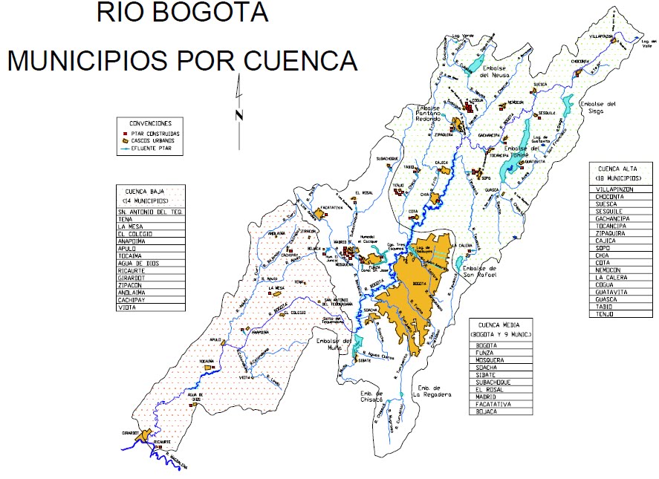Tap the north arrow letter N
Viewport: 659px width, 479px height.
point(239,114)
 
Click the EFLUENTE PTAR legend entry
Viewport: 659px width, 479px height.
point(152,149)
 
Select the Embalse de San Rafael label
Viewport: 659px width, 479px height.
point(482,272)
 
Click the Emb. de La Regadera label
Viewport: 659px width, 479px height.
point(434,391)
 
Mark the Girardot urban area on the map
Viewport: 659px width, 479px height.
point(143,436)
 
